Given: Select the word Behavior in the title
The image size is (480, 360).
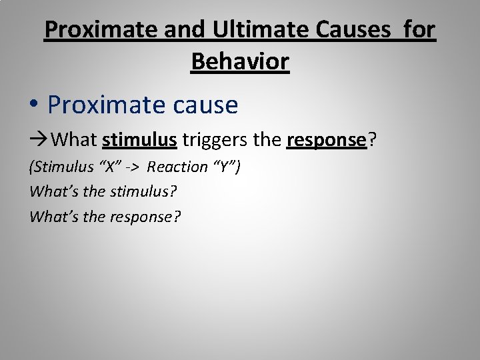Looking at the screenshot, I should click(240, 61).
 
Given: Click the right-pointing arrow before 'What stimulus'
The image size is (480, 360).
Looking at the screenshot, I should click(39, 141).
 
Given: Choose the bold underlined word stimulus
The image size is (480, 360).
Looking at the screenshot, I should click(139, 141).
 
